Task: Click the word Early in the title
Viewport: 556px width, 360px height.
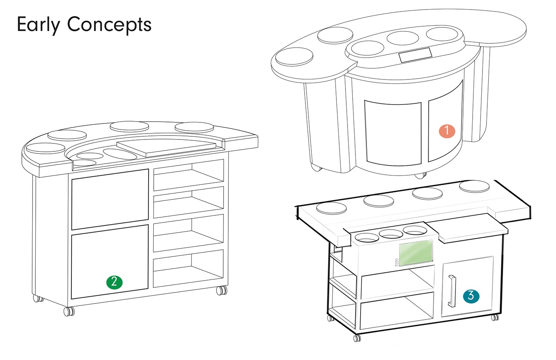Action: [x=39, y=25]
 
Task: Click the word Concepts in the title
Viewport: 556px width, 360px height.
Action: [x=109, y=25]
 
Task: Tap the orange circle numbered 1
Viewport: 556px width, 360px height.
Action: [x=447, y=130]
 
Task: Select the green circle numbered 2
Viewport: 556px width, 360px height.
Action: [x=114, y=282]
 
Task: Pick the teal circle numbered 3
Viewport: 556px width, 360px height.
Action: [x=471, y=296]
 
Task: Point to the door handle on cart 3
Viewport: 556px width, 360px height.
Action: [x=452, y=291]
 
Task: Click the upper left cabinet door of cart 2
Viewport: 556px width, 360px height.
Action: [x=110, y=199]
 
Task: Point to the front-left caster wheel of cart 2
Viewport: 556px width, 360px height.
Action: [x=69, y=311]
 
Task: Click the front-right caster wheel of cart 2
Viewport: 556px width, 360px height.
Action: [x=221, y=290]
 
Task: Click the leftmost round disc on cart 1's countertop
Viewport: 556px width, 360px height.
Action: [x=294, y=56]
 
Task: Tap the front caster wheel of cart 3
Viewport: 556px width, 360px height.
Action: [x=357, y=338]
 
